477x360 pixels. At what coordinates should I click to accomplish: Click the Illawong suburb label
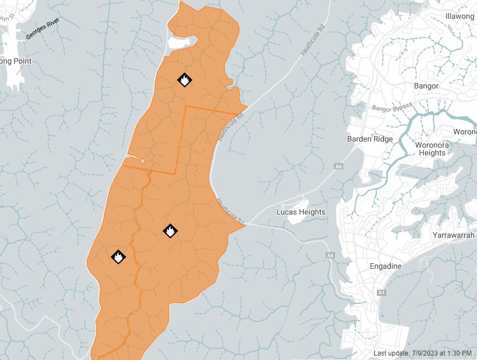[x=459, y=16]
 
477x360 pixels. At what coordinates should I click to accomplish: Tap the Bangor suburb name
[x=426, y=86]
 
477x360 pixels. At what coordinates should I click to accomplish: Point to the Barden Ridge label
[x=370, y=139]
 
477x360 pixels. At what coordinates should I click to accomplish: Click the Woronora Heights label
[x=432, y=149]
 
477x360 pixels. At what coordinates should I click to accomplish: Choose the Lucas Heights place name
[x=301, y=212]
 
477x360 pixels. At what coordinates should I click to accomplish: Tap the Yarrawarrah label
[x=454, y=235]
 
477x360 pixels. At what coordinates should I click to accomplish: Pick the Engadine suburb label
[x=386, y=266]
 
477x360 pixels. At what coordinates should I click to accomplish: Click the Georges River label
[x=41, y=29]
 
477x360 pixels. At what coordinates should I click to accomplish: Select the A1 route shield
[x=381, y=292]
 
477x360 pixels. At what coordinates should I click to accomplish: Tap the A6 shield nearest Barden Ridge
[x=338, y=166]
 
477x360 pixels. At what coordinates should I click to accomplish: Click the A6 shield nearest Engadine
[x=330, y=255]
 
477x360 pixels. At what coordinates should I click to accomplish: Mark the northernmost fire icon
[x=185, y=80]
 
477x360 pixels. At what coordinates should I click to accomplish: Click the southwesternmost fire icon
[x=118, y=257]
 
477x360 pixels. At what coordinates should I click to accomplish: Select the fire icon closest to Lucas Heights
[x=170, y=231]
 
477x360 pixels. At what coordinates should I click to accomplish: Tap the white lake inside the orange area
[x=182, y=42]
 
